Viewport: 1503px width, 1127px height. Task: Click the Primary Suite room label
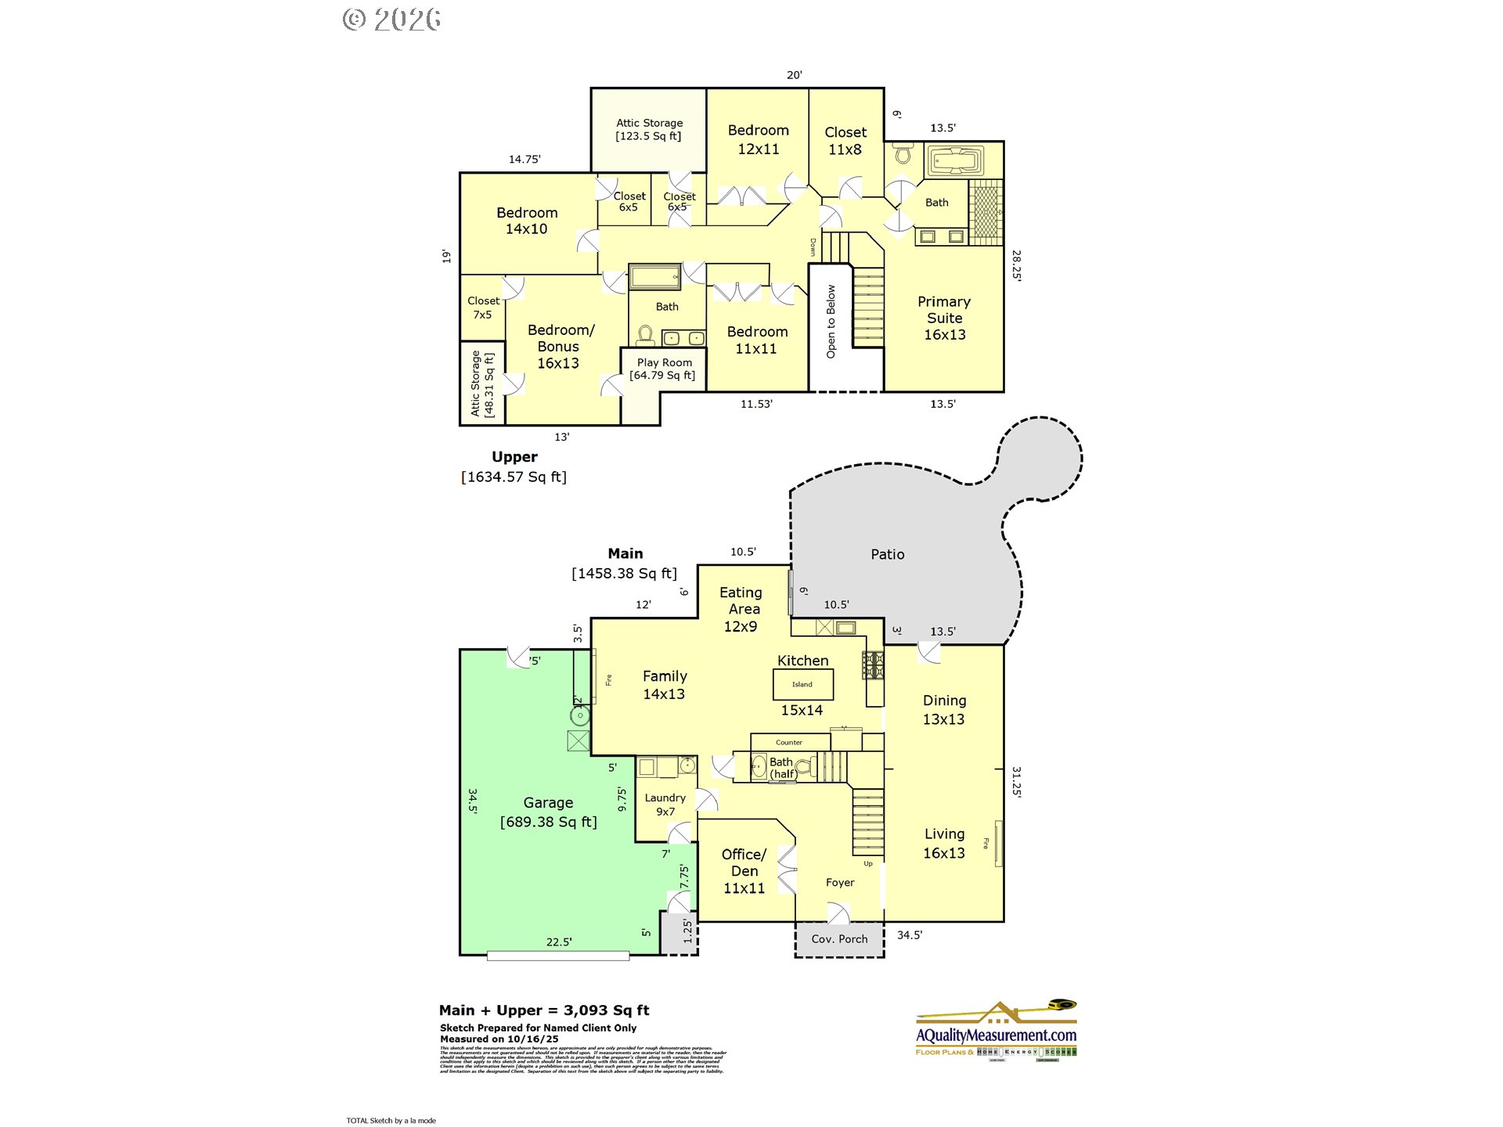click(x=944, y=318)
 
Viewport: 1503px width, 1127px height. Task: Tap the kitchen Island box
click(x=802, y=685)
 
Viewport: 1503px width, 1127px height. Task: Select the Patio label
click(x=887, y=554)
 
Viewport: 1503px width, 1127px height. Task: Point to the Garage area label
click(x=548, y=812)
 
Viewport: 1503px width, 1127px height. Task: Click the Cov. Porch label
click(x=839, y=939)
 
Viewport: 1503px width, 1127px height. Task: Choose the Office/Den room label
click(x=744, y=871)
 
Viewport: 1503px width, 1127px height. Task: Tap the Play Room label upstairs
click(x=663, y=369)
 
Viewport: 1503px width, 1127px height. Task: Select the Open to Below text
click(x=831, y=321)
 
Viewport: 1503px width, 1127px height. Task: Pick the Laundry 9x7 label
click(x=665, y=805)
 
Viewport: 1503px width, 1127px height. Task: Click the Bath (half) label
click(x=782, y=768)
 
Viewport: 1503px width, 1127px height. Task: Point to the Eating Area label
click(x=741, y=609)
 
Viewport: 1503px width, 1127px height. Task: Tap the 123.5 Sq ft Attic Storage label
click(x=648, y=129)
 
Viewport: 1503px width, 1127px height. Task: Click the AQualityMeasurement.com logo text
click(x=996, y=1035)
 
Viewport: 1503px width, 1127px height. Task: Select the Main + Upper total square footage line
click(x=544, y=1010)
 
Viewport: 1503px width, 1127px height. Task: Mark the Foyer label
click(x=840, y=883)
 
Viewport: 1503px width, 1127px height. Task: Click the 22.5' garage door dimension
click(x=559, y=942)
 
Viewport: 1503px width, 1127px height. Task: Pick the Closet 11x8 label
click(x=845, y=141)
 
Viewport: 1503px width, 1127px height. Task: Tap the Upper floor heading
click(x=514, y=457)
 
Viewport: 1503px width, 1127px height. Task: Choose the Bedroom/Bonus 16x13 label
click(x=559, y=347)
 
